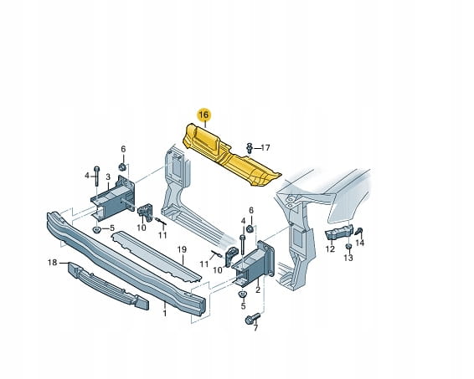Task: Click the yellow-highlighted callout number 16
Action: (x=204, y=115)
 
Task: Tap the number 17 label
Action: (x=265, y=148)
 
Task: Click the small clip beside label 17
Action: (x=250, y=148)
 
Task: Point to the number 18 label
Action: (x=52, y=263)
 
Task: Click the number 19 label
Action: (x=182, y=250)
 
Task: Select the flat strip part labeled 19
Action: (x=157, y=256)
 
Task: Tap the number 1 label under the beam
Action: (x=165, y=314)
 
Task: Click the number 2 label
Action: (x=258, y=290)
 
